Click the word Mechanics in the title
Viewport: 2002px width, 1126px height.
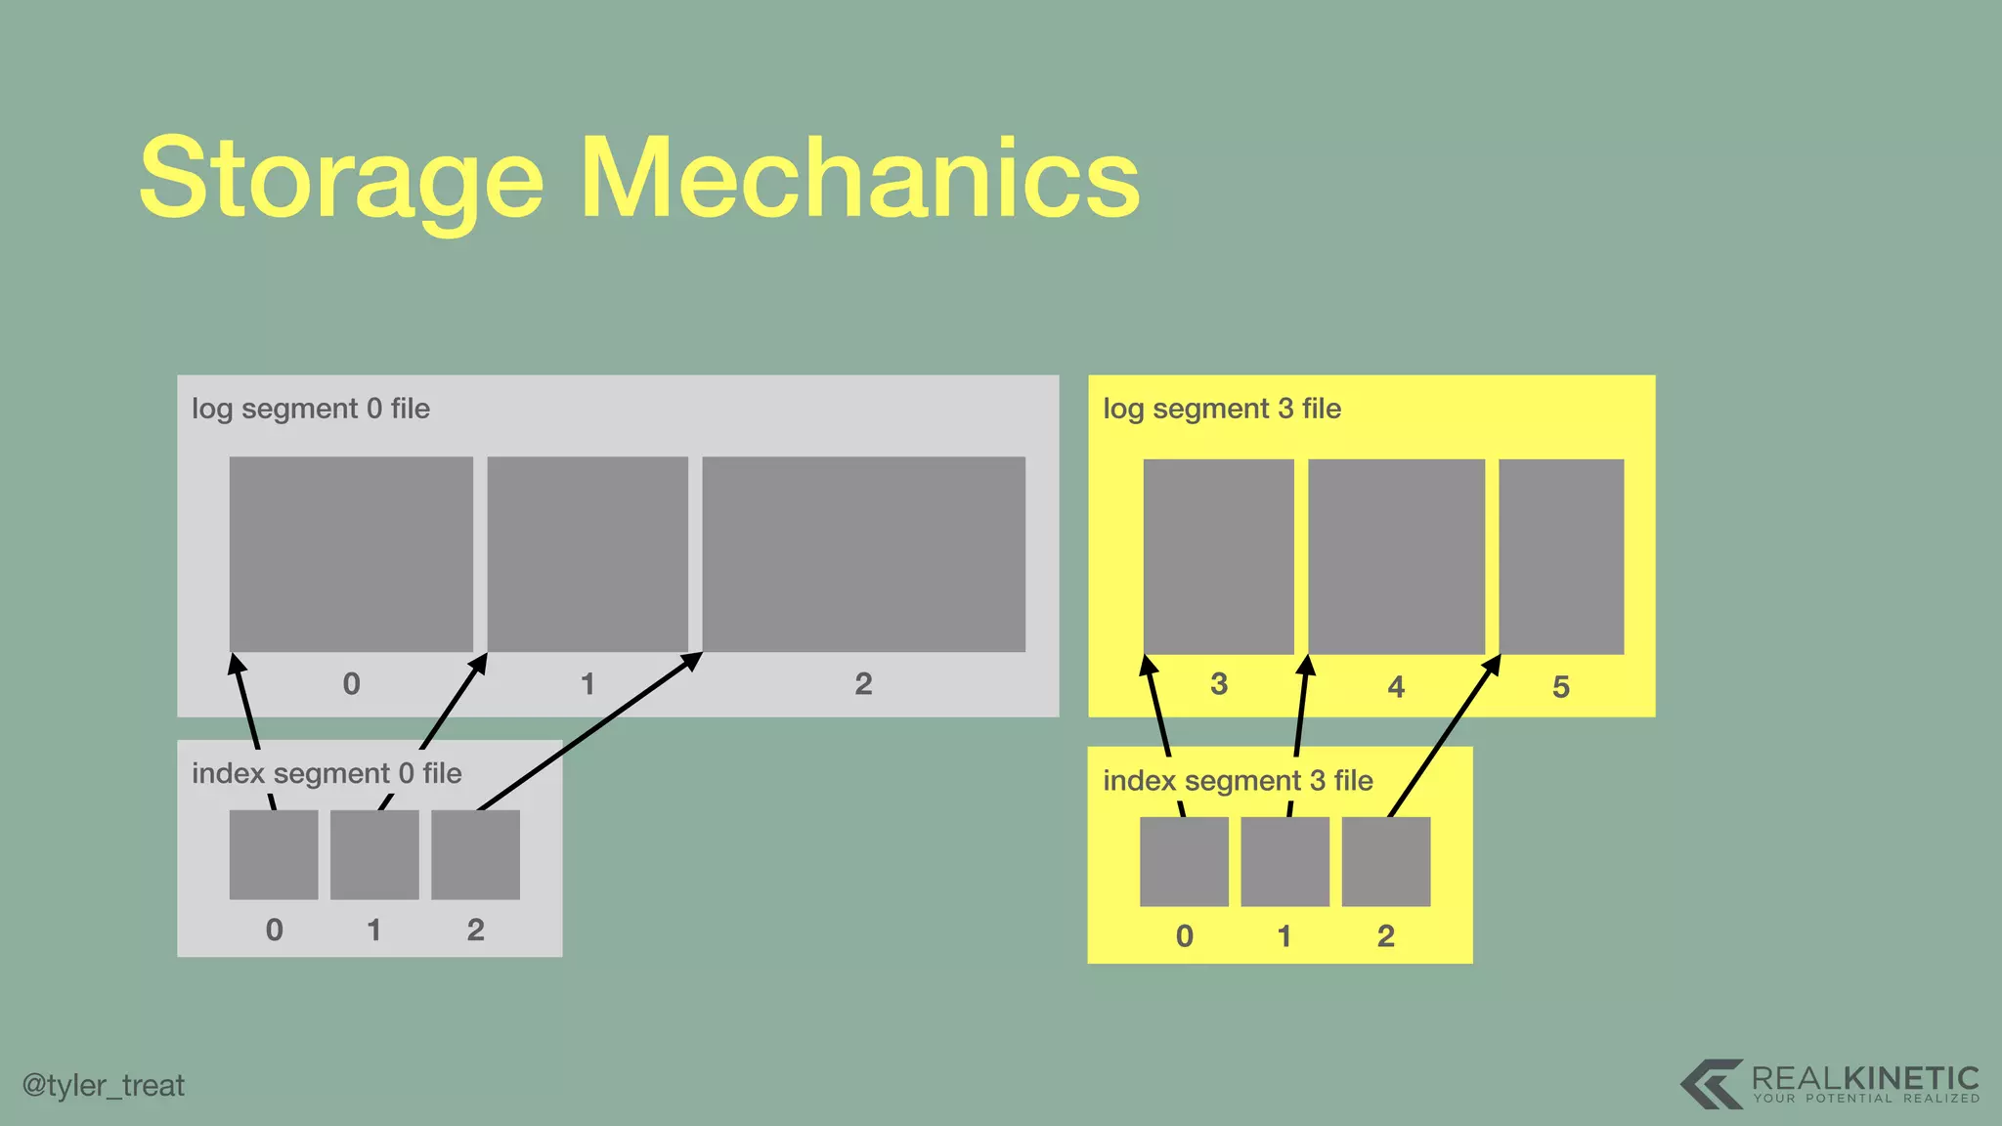point(860,178)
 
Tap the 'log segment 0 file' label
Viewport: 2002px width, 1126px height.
point(311,409)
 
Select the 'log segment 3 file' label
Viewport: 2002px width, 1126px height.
point(1222,409)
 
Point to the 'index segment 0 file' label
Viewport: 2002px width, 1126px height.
point(326,773)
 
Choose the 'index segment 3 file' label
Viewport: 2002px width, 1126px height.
point(1238,781)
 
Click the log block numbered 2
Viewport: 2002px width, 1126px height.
point(863,554)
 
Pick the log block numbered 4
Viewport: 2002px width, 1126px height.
point(1396,556)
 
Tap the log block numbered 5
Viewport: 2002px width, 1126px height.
point(1561,556)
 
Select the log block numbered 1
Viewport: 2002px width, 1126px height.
point(588,554)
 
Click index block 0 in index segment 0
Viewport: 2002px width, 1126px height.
point(274,855)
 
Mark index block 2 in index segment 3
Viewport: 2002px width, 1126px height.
point(1386,862)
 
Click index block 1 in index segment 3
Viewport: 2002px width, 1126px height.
point(1284,862)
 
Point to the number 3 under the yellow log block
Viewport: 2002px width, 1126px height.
point(1218,684)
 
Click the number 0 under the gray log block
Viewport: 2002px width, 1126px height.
point(352,684)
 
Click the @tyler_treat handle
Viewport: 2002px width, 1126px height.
point(103,1086)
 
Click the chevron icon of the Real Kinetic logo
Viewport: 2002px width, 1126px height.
point(1711,1083)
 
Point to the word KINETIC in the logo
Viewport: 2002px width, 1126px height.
point(1911,1078)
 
